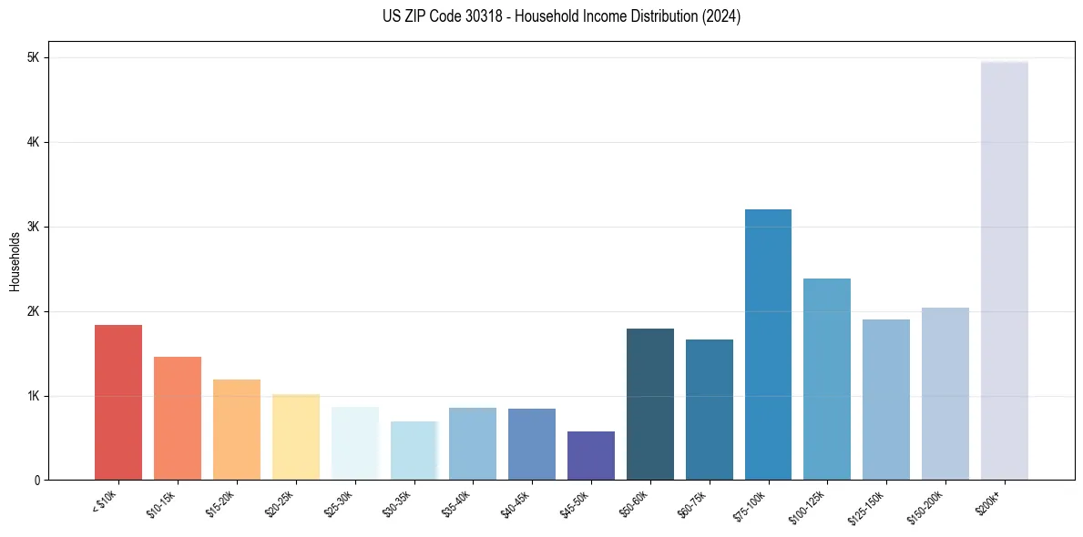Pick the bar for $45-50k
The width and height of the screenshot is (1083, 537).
(591, 455)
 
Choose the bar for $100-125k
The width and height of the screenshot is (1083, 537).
(827, 379)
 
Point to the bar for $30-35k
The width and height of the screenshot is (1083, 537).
(414, 451)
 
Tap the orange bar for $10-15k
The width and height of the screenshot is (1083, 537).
(178, 418)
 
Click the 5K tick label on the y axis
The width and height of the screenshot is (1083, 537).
(33, 58)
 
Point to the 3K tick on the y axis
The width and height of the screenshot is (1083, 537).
(33, 227)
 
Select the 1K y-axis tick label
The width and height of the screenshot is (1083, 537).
(33, 396)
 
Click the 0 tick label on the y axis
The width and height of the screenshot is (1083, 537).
(36, 481)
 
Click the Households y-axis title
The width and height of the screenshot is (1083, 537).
(15, 261)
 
